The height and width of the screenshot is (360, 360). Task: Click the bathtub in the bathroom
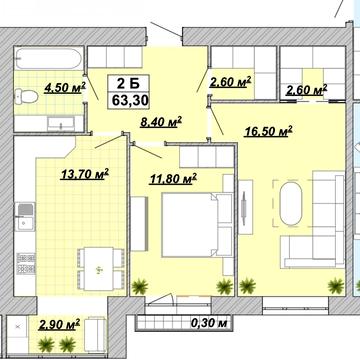pos(49,59)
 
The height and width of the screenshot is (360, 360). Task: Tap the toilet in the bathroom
pos(26,97)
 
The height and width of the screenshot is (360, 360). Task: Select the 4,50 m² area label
pos(65,88)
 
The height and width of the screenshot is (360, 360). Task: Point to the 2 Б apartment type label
pos(128,84)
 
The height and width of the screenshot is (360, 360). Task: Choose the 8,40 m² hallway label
pos(161,122)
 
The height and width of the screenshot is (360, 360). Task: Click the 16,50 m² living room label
pos(268,132)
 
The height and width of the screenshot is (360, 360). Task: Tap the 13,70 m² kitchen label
pos(85,174)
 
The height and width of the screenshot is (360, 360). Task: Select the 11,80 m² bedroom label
pos(173,179)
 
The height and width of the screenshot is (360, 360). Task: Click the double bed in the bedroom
pos(197,225)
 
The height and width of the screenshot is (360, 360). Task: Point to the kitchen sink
pos(25,217)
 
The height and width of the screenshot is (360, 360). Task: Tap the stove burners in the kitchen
pos(26,263)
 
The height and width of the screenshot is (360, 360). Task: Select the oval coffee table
pos(291,204)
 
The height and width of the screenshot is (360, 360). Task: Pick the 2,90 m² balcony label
pos(59,324)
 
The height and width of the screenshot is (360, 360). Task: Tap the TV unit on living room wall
pos(246,207)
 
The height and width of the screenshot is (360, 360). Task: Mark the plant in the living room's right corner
pos(335,286)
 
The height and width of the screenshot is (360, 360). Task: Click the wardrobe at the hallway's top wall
pos(115,57)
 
